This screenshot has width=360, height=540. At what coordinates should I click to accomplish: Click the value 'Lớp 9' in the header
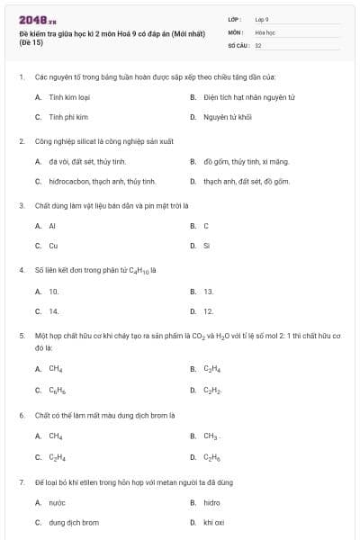point(262,19)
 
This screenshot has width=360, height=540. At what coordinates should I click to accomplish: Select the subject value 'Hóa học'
point(264,31)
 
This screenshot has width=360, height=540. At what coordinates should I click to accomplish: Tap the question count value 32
point(258,44)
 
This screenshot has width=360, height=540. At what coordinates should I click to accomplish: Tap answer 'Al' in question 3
point(52,225)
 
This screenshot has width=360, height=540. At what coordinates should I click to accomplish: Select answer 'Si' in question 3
point(207,245)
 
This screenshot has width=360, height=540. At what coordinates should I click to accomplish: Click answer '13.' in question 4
point(209,291)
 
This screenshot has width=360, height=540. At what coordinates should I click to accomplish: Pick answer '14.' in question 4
point(54,310)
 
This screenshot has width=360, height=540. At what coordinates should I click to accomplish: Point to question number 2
point(21,141)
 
